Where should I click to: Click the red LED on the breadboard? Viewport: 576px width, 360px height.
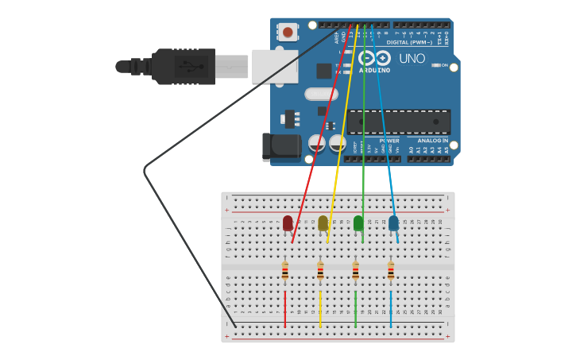pyautogui.click(x=288, y=223)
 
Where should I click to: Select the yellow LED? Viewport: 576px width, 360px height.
pyautogui.click(x=323, y=223)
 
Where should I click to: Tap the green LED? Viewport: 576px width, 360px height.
pyautogui.click(x=358, y=223)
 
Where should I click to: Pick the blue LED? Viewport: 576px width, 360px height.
pyautogui.click(x=393, y=223)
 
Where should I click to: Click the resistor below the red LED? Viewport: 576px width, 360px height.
pyautogui.click(x=285, y=272)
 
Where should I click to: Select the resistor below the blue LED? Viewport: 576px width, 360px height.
pyautogui.click(x=391, y=272)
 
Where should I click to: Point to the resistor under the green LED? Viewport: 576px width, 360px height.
pyautogui.click(x=355, y=272)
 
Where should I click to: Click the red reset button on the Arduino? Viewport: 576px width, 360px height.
pyautogui.click(x=287, y=33)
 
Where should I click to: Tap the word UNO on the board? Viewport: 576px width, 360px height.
pyautogui.click(x=412, y=59)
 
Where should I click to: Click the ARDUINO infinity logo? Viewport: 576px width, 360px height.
pyautogui.click(x=374, y=58)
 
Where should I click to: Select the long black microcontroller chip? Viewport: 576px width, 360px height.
pyautogui.click(x=399, y=122)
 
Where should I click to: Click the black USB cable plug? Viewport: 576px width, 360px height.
pyautogui.click(x=183, y=67)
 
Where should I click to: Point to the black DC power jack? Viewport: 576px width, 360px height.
pyautogui.click(x=282, y=146)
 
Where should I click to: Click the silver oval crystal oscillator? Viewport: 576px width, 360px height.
pyautogui.click(x=321, y=95)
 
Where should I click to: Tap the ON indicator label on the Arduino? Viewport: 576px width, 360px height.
pyautogui.click(x=444, y=65)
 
